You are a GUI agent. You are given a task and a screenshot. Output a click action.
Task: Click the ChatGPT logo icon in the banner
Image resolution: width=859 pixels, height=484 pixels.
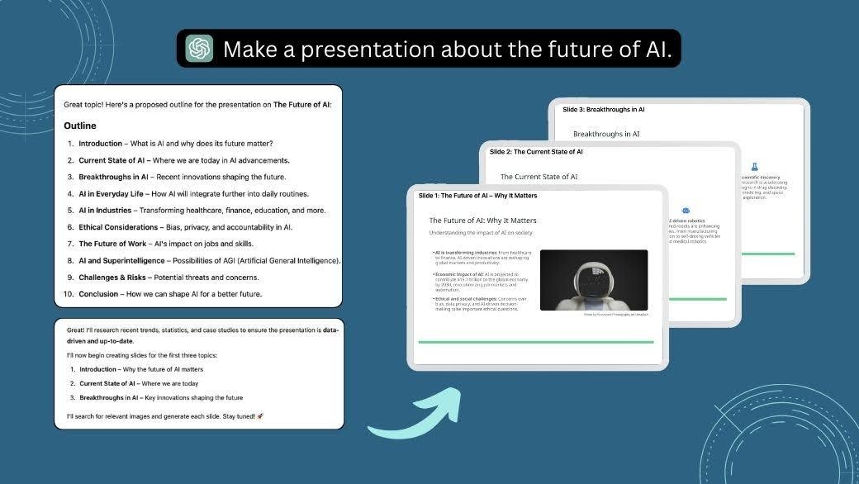pyautogui.click(x=199, y=49)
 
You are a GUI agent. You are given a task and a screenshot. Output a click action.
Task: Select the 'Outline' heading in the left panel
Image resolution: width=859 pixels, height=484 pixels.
pyautogui.click(x=80, y=126)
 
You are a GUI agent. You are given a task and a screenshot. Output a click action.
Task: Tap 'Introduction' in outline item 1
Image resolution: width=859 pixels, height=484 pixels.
pyautogui.click(x=100, y=144)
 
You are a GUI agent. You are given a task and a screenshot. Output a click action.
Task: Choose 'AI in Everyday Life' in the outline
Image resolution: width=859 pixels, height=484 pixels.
pyautogui.click(x=113, y=194)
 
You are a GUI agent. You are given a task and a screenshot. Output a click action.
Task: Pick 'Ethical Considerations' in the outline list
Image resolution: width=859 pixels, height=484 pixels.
pyautogui.click(x=118, y=227)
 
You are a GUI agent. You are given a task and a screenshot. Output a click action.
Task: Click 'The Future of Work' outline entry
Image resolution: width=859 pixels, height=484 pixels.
pyautogui.click(x=112, y=244)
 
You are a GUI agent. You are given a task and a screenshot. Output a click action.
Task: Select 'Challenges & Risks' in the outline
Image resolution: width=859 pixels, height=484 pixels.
pyautogui.click(x=112, y=278)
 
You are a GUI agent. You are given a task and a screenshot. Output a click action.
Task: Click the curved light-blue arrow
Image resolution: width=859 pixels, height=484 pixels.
pyautogui.click(x=413, y=416)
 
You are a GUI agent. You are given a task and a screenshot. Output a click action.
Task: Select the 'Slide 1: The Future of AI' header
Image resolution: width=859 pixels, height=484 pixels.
pyautogui.click(x=477, y=196)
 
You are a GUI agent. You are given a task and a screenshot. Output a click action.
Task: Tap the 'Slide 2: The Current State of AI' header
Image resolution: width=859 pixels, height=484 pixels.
pyautogui.click(x=536, y=152)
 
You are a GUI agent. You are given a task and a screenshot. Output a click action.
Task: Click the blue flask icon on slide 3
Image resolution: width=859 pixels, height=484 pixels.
pyautogui.click(x=754, y=166)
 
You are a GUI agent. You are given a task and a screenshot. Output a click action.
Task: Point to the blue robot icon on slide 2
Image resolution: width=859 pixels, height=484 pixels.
pyautogui.click(x=686, y=211)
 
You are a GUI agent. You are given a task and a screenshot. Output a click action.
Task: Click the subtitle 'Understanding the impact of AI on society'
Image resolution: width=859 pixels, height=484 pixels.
pyautogui.click(x=481, y=233)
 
